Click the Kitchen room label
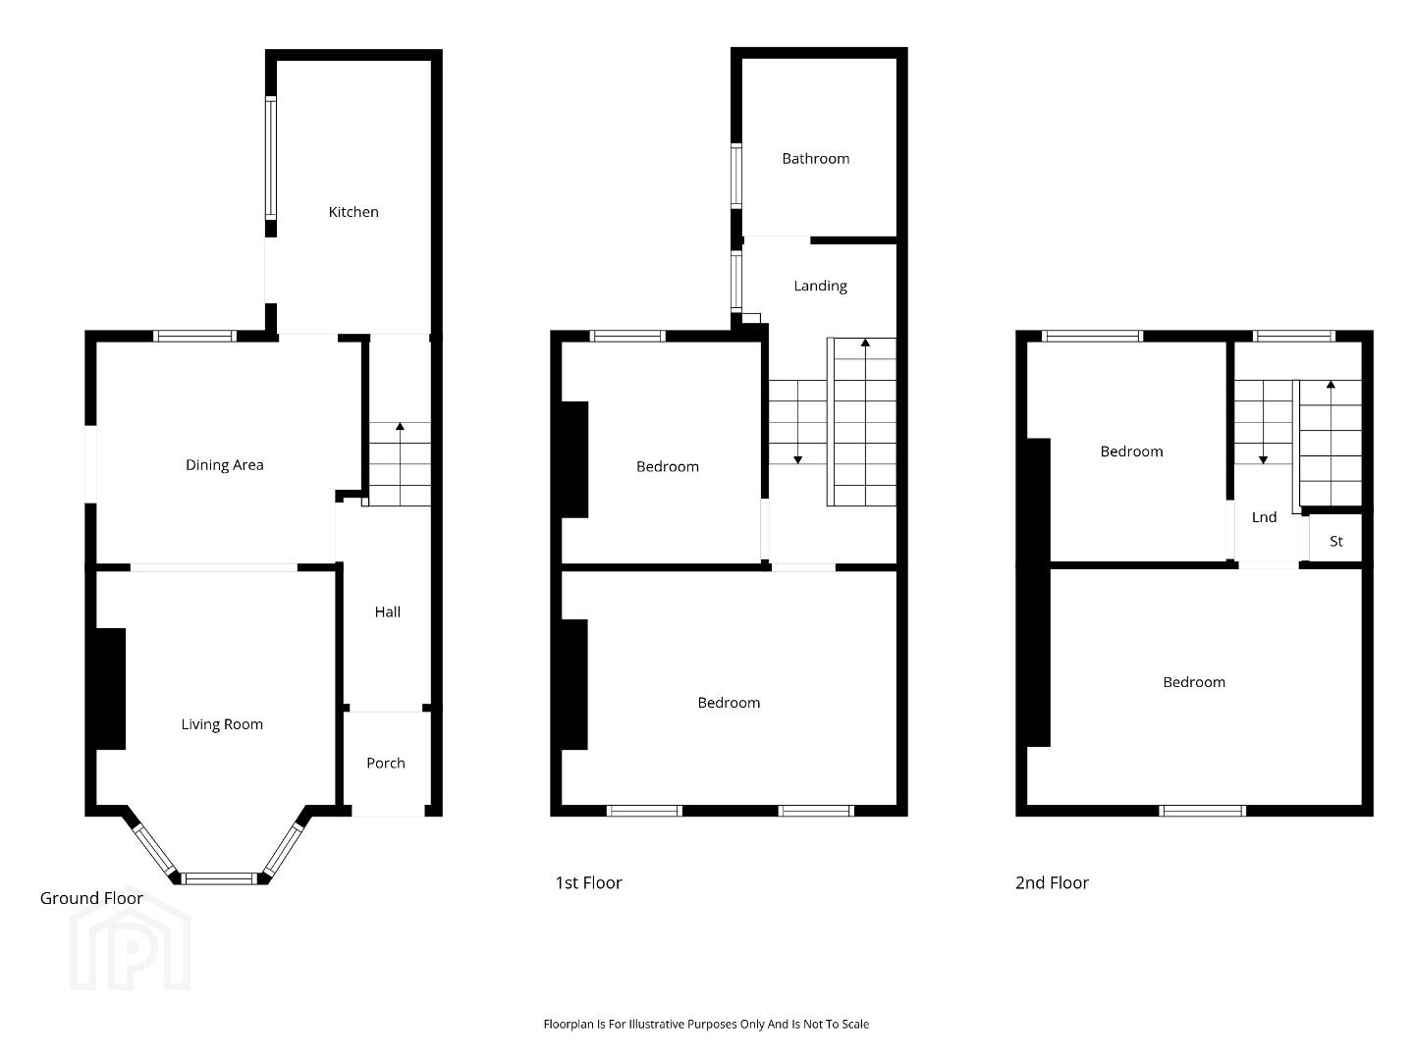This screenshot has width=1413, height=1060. coord(353,212)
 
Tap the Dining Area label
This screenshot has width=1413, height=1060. coord(225,464)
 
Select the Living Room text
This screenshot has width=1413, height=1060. coord(222,724)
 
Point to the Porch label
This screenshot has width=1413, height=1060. coord(386,763)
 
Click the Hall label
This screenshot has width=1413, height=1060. coord(388,611)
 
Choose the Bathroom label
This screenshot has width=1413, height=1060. coord(816,158)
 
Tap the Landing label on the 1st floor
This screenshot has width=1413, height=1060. coord(820,286)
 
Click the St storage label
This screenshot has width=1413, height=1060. coord(1336,542)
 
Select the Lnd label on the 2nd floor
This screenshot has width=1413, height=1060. coord(1265,517)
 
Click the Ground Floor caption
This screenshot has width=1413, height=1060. coord(91,898)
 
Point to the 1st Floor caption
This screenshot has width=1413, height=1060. coord(588,882)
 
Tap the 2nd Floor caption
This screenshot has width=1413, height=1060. coord(1052,882)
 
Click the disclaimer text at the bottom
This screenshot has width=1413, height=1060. coord(706,1024)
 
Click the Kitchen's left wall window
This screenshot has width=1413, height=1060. coord(271,158)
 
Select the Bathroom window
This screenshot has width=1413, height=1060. coord(735,176)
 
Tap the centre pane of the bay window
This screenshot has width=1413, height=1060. coord(220,878)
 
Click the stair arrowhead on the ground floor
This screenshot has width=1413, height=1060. coord(400,426)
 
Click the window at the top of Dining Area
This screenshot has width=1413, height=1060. coord(194,336)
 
